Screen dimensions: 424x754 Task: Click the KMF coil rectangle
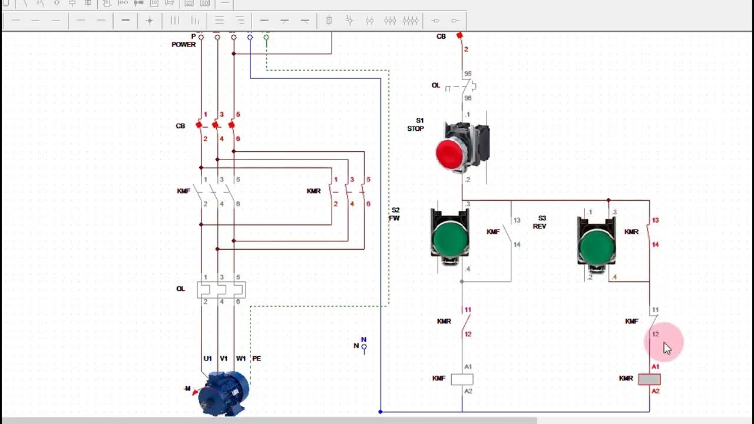(x=462, y=379)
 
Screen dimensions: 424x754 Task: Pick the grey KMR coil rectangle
(x=649, y=379)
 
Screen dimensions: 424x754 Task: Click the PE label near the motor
(x=256, y=359)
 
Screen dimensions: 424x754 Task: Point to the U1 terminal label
(x=207, y=359)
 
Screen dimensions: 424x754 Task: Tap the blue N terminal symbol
(x=363, y=346)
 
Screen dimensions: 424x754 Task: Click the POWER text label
(x=183, y=45)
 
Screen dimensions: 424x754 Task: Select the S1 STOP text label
(x=416, y=125)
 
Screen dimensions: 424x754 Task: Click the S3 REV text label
(x=540, y=222)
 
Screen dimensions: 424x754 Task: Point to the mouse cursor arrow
(x=667, y=348)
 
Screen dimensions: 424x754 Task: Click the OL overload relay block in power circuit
(x=221, y=289)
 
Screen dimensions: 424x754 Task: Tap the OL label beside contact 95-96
(x=436, y=85)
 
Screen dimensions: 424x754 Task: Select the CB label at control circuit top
(x=441, y=37)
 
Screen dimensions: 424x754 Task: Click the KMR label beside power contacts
(x=313, y=191)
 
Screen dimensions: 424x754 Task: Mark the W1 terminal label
(x=240, y=359)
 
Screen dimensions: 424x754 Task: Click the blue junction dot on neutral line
(x=381, y=412)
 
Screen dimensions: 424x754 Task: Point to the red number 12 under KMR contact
(x=468, y=334)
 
